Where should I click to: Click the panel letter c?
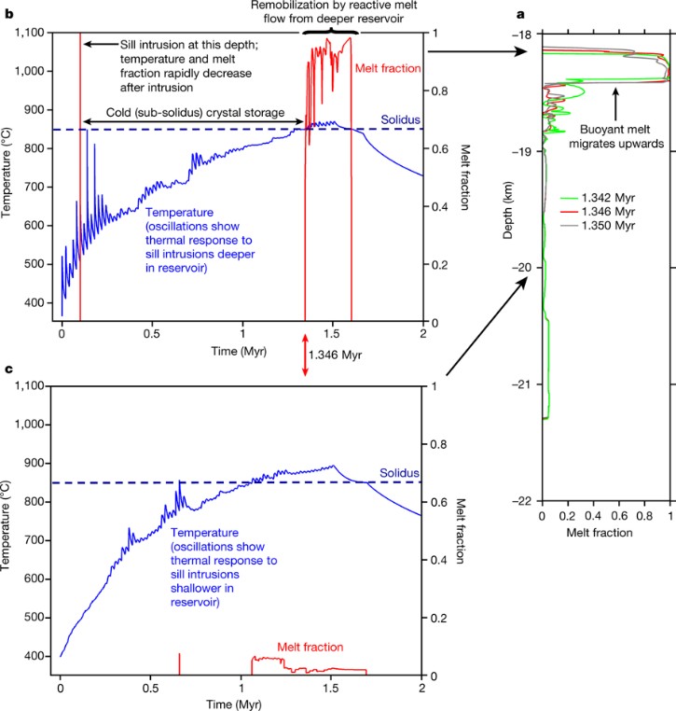(x=9, y=370)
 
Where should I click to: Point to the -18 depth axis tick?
(x=524, y=35)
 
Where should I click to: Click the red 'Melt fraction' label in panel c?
(x=310, y=646)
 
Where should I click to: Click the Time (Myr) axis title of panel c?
(x=241, y=704)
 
